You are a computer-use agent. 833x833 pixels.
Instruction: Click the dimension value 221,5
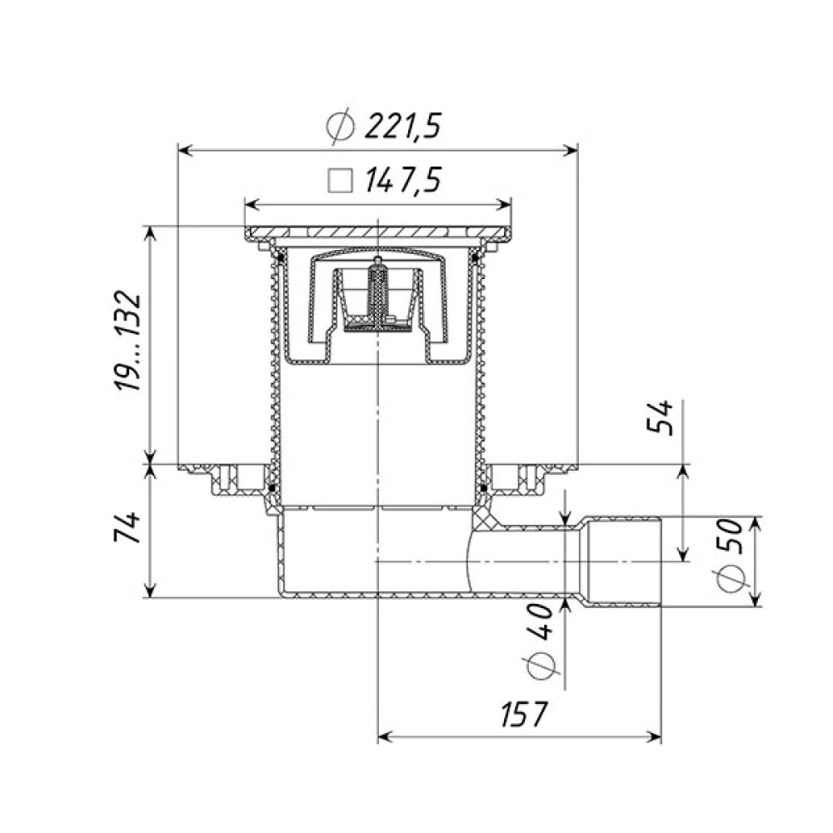(x=402, y=127)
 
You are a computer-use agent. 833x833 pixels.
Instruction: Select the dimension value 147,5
(x=402, y=180)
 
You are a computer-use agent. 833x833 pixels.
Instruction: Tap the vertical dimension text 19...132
(x=129, y=341)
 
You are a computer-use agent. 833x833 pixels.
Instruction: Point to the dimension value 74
(x=129, y=527)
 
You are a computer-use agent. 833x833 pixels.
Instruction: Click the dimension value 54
(x=660, y=418)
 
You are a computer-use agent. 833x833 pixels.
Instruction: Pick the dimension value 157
(x=523, y=714)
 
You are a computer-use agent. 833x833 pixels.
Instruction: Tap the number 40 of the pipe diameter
(x=541, y=621)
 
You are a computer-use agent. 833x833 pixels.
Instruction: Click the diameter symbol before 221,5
(x=341, y=127)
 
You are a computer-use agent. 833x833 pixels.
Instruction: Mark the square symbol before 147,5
(x=341, y=181)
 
